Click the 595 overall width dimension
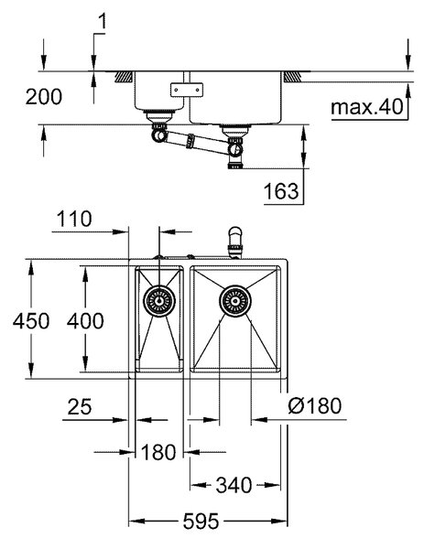[201, 522]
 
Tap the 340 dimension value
[234, 485]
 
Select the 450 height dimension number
[31, 321]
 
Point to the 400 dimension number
[85, 321]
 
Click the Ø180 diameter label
[314, 406]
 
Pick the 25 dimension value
[80, 407]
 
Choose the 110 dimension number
[74, 220]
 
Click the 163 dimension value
[281, 191]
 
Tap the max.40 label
[367, 107]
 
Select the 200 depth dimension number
[43, 97]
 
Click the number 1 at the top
[102, 22]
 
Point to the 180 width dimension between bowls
[158, 452]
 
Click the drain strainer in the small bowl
[159, 301]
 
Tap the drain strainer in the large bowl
[235, 301]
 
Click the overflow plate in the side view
[187, 90]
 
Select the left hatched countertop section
[124, 77]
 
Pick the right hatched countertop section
[293, 77]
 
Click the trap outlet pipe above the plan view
[234, 242]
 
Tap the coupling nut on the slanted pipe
[190, 141]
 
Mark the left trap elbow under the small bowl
[158, 135]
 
